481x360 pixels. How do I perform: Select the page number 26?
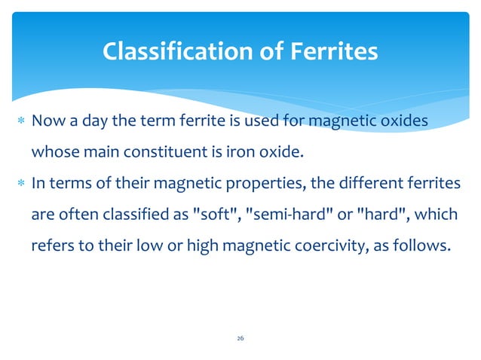pyautogui.click(x=240, y=338)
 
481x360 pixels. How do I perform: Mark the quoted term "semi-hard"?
pyautogui.click(x=283, y=214)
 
